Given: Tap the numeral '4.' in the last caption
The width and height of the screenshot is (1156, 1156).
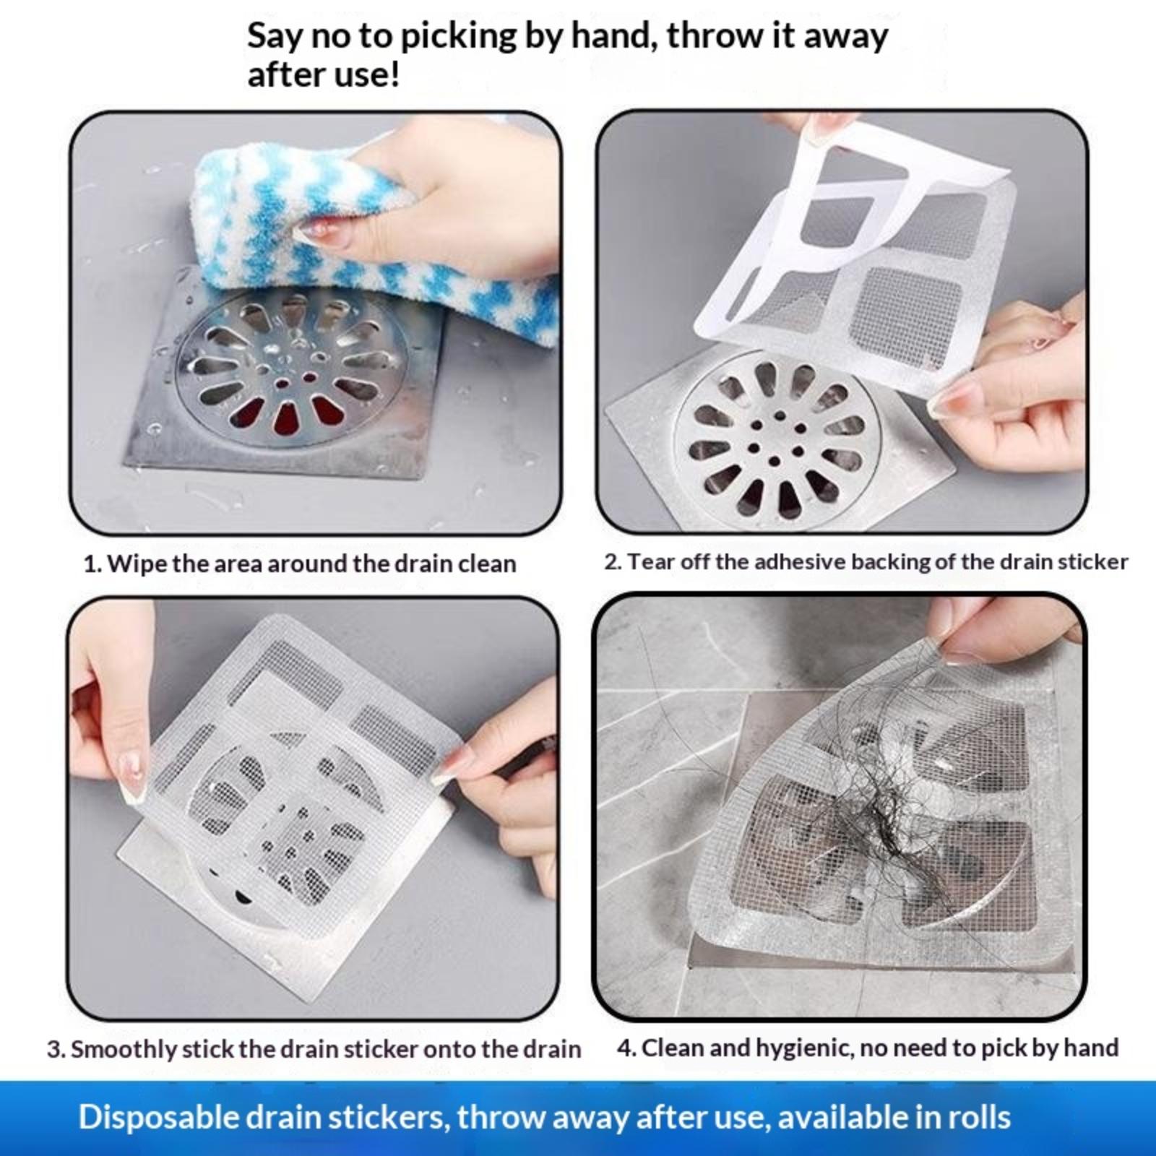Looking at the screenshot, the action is coord(626,1048).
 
